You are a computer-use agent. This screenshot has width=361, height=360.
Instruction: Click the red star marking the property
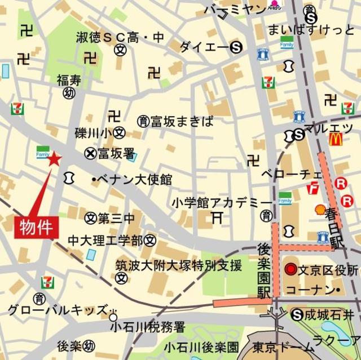click(x=54, y=159)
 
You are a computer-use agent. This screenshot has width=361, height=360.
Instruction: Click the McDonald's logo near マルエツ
click(x=336, y=137)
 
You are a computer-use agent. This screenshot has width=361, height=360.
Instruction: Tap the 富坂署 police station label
click(x=116, y=153)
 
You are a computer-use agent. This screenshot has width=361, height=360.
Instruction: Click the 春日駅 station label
click(x=337, y=228)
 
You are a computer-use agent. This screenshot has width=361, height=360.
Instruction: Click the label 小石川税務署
click(x=148, y=326)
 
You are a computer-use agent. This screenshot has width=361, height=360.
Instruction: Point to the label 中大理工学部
click(x=105, y=241)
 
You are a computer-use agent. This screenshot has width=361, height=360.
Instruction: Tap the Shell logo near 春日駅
click(x=320, y=209)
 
